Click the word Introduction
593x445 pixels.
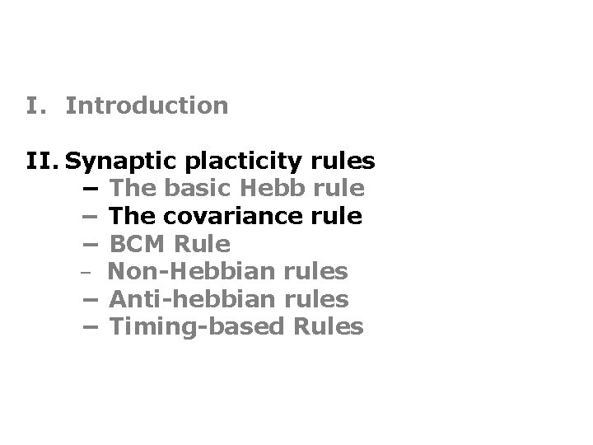(x=147, y=105)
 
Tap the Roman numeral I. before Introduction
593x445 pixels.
(x=35, y=105)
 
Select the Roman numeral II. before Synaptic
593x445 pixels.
(x=42, y=161)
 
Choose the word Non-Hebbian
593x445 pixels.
(x=186, y=271)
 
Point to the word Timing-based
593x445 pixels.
(x=196, y=326)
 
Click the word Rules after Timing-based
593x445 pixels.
(x=327, y=326)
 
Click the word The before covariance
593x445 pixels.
(x=132, y=216)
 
